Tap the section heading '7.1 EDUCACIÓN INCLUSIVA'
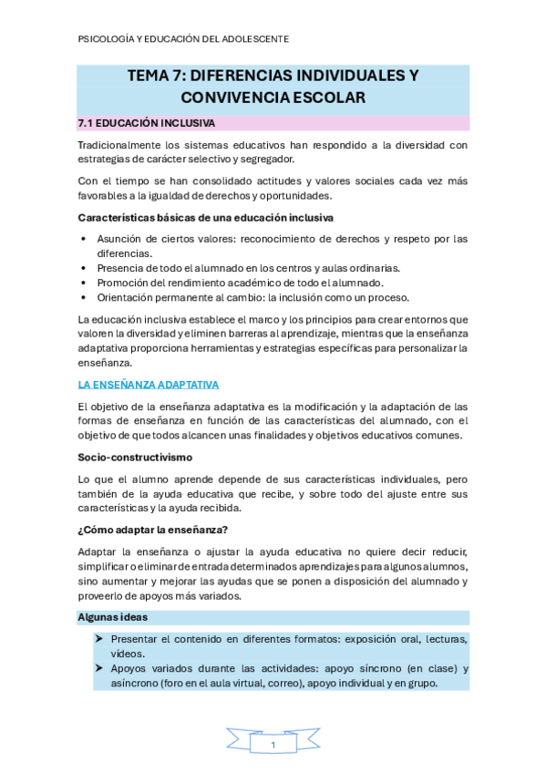pyautogui.click(x=146, y=122)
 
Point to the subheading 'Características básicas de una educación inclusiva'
pyautogui.click(x=205, y=218)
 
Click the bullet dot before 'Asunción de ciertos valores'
pyautogui.click(x=85, y=239)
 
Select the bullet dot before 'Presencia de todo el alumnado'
pyautogui.click(x=85, y=268)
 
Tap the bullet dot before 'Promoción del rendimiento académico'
pyautogui.click(x=85, y=283)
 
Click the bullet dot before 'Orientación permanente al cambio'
pyautogui.click(x=85, y=297)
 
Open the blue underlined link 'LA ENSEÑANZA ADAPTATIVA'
pyautogui.click(x=149, y=385)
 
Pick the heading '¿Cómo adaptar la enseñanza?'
pyautogui.click(x=154, y=530)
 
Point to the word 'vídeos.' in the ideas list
pyautogui.click(x=128, y=654)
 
